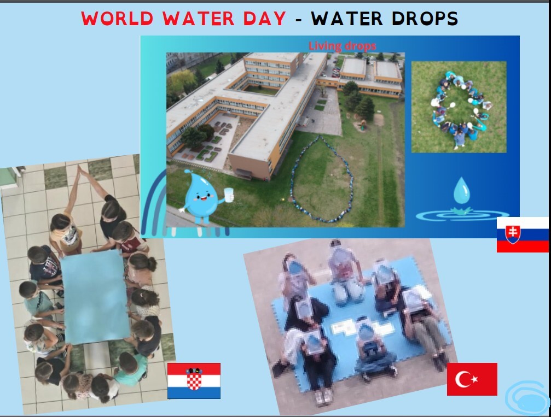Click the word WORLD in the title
pos(118,18)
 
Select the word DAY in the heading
pos(264,18)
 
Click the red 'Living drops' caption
pos(343,46)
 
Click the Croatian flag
pos(194,381)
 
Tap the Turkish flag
pos(472,379)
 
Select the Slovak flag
pos(523,234)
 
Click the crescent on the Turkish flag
pos(463,379)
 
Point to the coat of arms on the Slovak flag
pos(512,234)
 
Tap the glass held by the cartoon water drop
pos(229,195)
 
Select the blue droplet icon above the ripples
pos(461,191)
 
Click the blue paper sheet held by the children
pos(95,297)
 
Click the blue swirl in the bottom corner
pos(527,398)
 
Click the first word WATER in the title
pos(198,18)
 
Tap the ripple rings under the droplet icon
pos(462,214)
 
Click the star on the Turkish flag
pos(475,379)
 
